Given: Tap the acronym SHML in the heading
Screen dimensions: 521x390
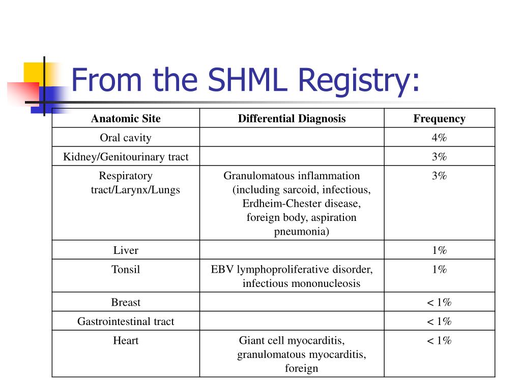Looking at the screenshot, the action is [247, 80].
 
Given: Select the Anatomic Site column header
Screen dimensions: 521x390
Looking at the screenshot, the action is [126, 118].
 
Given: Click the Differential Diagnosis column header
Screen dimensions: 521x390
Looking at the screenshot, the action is [292, 118].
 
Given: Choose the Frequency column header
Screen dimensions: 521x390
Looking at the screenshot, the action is [439, 119].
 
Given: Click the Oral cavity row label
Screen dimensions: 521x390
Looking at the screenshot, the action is [126, 138].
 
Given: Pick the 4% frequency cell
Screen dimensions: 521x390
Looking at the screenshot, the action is [439, 137].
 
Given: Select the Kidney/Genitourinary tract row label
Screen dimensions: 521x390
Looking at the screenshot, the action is [126, 156].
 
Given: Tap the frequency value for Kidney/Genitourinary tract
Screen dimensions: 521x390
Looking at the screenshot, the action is [439, 156].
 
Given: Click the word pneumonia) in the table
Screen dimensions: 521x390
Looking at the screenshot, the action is [301, 232].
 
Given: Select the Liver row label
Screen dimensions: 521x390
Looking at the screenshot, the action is [126, 250].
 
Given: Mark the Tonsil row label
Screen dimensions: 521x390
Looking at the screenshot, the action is [126, 269].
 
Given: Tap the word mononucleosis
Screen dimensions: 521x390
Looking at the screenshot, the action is [320, 283].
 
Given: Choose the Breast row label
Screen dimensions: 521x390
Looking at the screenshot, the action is [126, 302].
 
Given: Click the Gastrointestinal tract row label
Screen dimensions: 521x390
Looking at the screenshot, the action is [126, 321].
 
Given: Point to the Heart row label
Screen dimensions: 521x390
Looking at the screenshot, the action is [126, 340].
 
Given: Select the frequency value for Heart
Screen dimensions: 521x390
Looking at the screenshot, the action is [439, 340].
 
